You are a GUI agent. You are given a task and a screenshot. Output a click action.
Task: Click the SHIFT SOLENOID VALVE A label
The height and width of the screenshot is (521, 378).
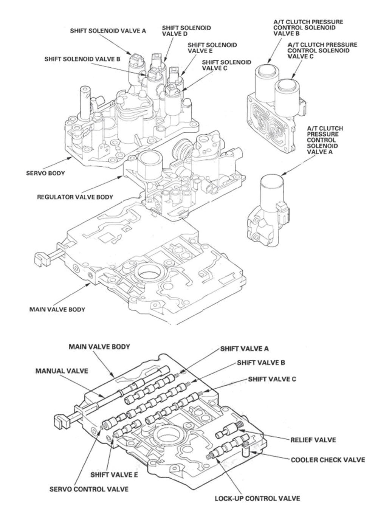108,31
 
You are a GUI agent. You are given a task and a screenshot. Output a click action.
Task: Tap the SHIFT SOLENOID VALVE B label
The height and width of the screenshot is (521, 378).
82,59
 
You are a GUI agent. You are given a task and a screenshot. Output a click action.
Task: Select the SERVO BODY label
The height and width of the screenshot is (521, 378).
45,174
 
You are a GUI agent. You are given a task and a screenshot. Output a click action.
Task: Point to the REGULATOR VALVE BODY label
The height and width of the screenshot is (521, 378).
75,197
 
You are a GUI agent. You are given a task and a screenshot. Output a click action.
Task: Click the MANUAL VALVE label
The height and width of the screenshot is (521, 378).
62,371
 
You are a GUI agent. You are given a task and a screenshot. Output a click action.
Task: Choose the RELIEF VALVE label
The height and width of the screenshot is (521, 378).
313,440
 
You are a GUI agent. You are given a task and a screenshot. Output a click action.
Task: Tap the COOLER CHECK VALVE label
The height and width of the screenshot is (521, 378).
328,460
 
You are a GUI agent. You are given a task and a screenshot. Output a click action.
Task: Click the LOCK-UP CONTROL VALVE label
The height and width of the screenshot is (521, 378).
257,498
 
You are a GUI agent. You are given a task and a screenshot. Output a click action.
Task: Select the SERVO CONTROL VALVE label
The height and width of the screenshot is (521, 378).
89,489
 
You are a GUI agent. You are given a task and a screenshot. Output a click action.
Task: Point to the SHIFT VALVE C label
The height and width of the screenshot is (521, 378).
272,379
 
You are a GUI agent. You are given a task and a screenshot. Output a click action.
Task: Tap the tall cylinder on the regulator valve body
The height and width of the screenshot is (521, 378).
149,164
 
